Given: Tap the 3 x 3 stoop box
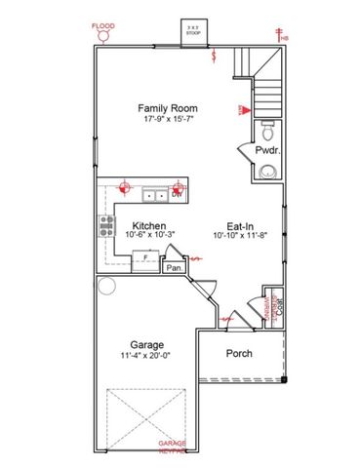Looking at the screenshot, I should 195,31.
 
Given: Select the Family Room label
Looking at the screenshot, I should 167,108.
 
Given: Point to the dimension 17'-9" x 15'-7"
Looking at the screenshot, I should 167,119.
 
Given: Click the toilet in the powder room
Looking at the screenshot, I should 266,128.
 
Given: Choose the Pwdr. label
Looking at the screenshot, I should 267,151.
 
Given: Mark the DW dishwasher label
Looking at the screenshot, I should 177,195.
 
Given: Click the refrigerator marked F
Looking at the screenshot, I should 146,257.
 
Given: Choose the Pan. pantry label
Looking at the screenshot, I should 175,267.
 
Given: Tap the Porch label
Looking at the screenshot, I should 239,353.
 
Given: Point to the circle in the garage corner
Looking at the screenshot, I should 105,287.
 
